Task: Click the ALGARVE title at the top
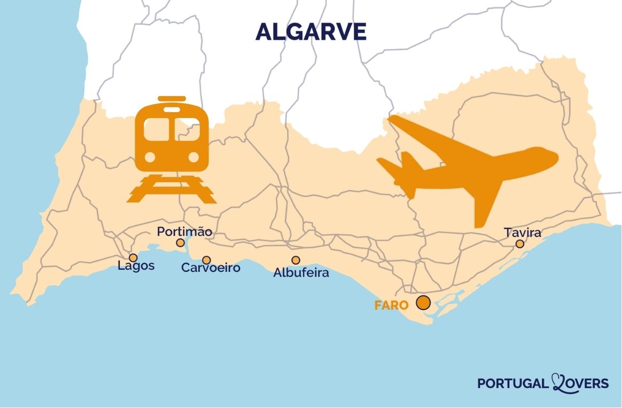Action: [310, 32]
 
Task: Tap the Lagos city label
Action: [136, 265]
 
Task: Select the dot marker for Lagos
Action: [133, 258]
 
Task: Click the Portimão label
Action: [184, 232]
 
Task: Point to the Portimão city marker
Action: [181, 243]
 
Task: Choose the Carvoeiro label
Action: [211, 268]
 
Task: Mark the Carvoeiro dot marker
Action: [206, 260]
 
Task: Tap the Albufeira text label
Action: [301, 273]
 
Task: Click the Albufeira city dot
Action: [296, 260]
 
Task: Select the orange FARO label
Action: [391, 305]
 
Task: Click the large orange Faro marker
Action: [423, 303]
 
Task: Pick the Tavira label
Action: [522, 233]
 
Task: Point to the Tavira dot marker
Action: [519, 244]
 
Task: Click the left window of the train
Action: [156, 129]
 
